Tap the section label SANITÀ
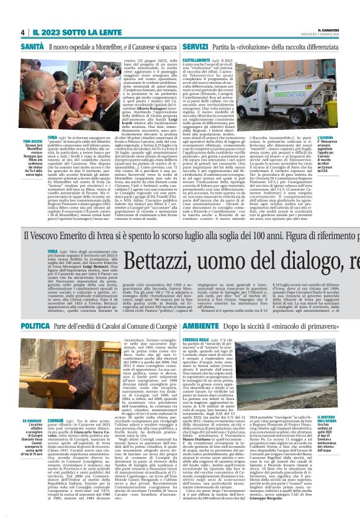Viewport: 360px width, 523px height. [33, 47]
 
